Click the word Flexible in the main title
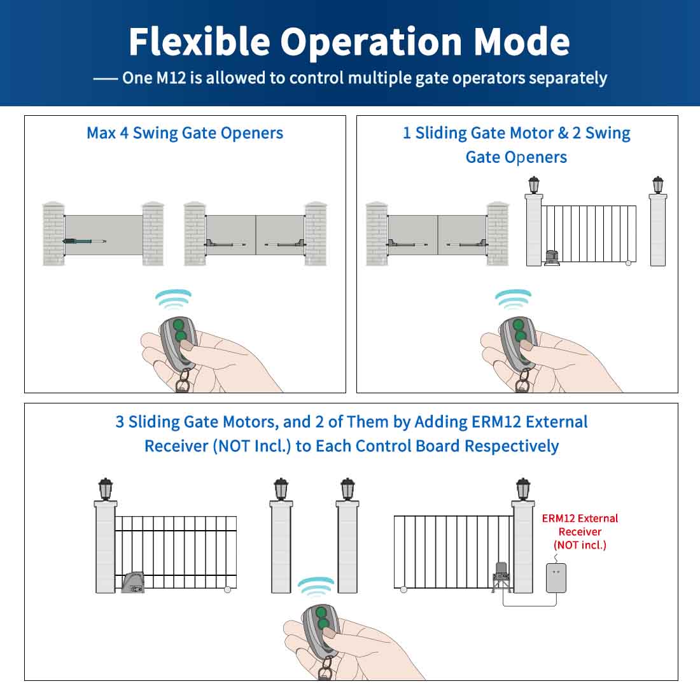(200, 41)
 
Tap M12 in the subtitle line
(171, 78)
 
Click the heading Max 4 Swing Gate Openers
(185, 133)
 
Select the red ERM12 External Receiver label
(580, 531)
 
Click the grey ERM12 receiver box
(556, 578)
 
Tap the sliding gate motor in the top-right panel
(552, 258)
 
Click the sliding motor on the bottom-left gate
(133, 582)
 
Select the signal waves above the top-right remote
(514, 299)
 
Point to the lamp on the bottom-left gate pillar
(106, 489)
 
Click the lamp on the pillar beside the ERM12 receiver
(522, 489)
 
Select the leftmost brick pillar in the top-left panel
(53, 234)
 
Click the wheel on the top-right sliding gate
(629, 263)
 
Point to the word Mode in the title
(522, 41)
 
